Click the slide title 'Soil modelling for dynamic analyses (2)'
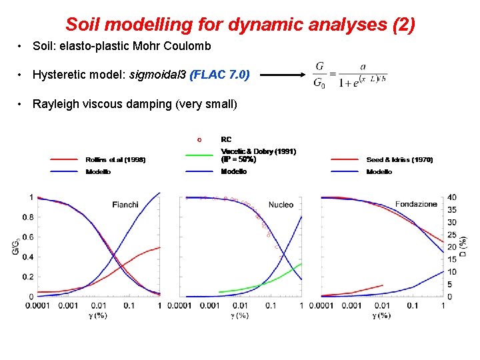[240, 25]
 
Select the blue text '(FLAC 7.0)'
[220, 75]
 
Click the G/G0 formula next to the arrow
[349, 74]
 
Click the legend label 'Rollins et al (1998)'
[115, 160]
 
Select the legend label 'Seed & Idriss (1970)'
[399, 160]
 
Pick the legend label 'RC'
[226, 140]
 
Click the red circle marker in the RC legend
[199, 140]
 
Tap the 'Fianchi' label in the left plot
[125, 205]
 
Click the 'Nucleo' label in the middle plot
[281, 205]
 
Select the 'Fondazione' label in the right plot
[416, 203]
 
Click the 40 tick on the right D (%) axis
[452, 197]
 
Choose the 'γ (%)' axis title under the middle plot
[239, 315]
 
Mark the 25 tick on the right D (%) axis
[452, 235]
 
